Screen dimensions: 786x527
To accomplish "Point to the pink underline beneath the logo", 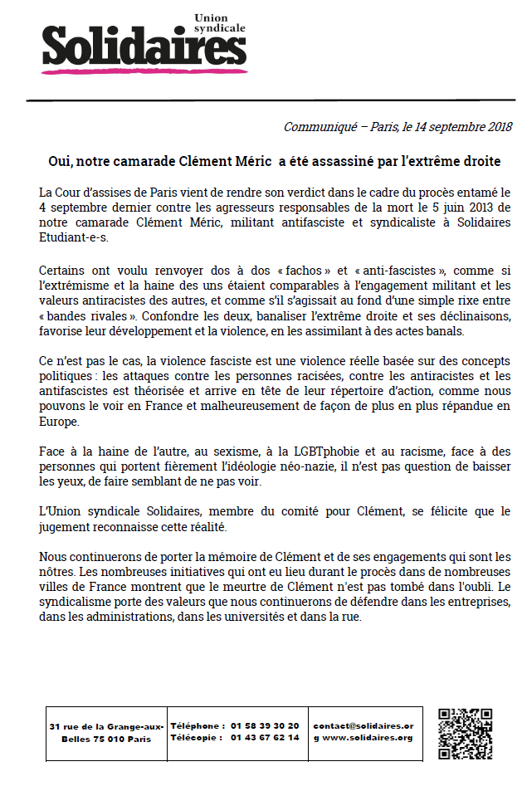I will pos(141,71).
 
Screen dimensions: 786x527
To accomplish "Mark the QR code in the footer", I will pos(465,734).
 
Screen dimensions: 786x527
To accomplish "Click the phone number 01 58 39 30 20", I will pos(266,725).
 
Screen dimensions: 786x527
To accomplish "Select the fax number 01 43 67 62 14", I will pos(266,738).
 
